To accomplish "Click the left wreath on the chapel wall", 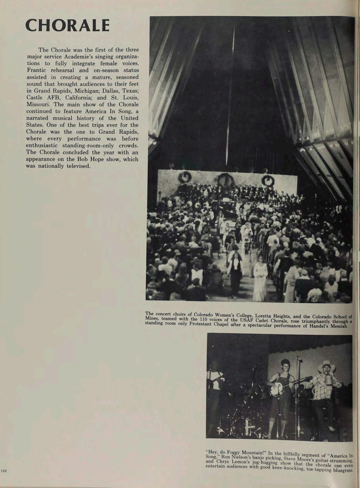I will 184,178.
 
